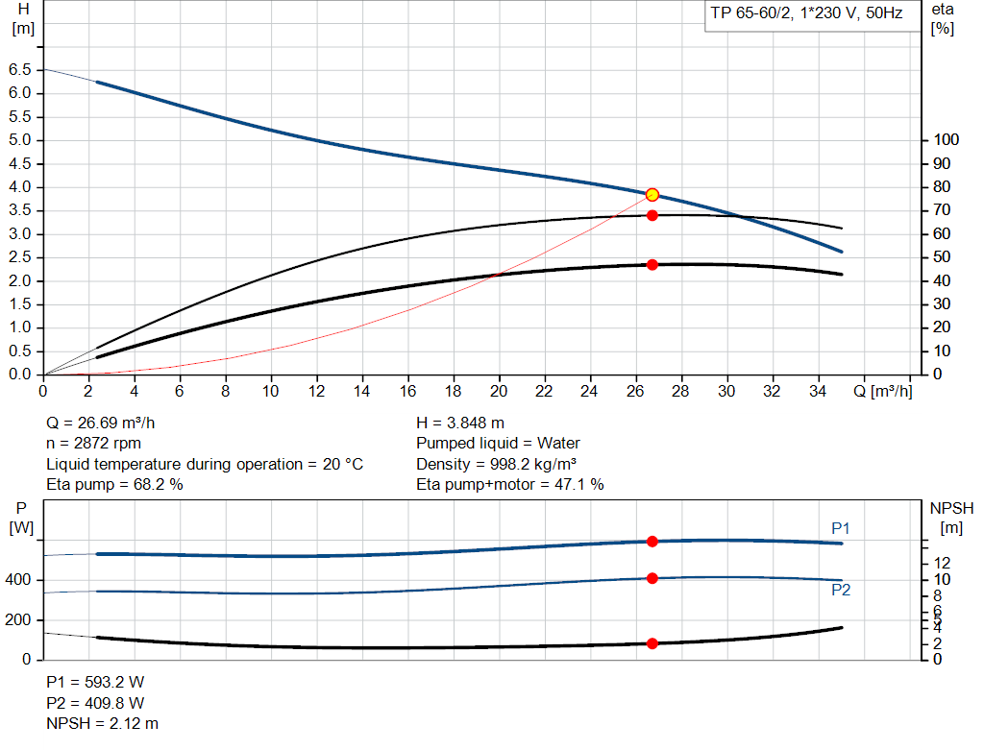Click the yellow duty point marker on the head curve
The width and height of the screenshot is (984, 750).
[652, 195]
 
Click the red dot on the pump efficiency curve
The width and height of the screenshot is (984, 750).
[652, 215]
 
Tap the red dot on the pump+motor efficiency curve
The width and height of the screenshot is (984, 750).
[652, 264]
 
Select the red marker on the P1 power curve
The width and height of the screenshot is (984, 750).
[652, 542]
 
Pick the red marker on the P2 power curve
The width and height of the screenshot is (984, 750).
[652, 578]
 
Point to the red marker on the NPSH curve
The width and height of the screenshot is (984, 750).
[652, 643]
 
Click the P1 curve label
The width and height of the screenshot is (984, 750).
[841, 528]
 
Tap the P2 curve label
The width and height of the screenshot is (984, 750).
[841, 590]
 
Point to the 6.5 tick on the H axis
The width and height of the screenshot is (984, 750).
[19, 70]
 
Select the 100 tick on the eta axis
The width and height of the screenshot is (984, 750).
[946, 140]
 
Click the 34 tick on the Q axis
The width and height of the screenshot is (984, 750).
[818, 392]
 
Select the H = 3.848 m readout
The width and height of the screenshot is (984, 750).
[460, 423]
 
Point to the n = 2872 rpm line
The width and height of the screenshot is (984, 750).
[95, 444]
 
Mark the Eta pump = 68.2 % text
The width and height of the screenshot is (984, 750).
[115, 485]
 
